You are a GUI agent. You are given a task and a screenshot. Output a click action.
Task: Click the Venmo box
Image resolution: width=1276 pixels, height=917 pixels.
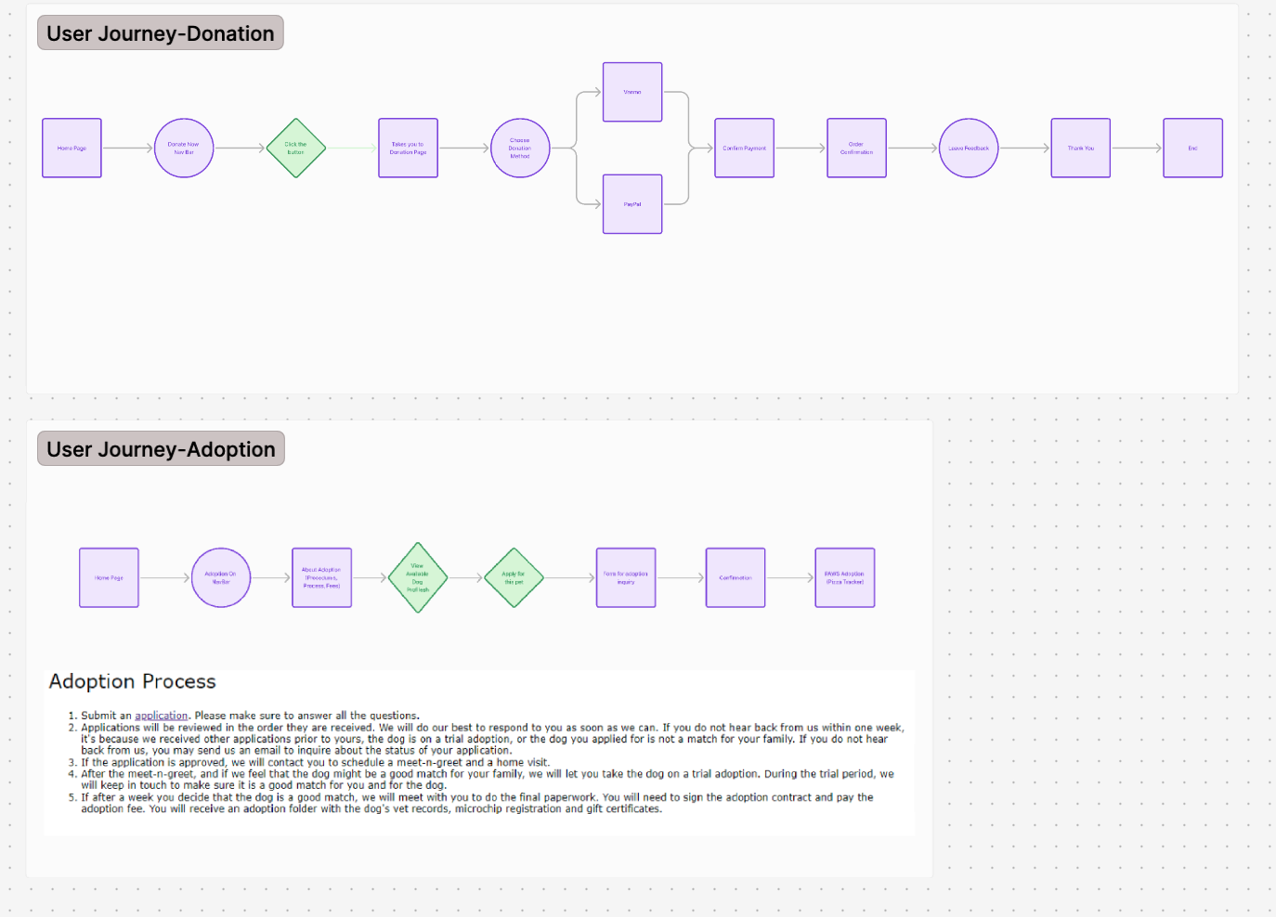(632, 92)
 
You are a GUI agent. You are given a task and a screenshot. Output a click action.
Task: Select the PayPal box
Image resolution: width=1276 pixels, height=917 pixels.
(632, 204)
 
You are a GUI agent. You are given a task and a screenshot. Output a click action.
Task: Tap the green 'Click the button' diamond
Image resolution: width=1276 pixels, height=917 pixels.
(295, 149)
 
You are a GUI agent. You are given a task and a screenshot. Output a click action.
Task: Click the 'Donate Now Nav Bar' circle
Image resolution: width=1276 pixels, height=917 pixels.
(184, 149)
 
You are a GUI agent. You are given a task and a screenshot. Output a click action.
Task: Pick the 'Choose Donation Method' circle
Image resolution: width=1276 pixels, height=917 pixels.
(520, 149)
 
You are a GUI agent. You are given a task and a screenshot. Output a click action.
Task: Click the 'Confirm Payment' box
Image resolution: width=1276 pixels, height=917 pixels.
(744, 149)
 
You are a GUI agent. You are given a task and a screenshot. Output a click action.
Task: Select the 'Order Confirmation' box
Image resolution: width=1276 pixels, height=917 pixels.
(856, 149)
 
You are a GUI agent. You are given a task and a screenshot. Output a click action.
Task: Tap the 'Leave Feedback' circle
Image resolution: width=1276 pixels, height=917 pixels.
(969, 149)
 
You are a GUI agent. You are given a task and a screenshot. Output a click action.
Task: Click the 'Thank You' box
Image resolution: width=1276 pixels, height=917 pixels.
(1080, 149)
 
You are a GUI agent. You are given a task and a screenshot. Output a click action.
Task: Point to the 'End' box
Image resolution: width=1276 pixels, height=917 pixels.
(1192, 149)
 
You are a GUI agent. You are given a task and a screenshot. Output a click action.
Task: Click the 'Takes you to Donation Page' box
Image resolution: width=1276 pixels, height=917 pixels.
(408, 149)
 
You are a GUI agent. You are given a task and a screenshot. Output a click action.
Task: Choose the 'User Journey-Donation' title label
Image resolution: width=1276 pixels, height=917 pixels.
(161, 33)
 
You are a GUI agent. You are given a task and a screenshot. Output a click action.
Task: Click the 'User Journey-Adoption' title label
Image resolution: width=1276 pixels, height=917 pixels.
(161, 449)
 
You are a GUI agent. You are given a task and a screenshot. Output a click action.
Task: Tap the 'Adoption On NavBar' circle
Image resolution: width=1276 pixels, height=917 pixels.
(221, 577)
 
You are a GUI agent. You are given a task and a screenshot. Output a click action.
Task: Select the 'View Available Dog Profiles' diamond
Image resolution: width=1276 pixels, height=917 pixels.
(418, 577)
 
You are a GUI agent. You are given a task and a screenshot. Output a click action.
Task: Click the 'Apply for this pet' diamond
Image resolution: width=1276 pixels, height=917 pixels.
(514, 577)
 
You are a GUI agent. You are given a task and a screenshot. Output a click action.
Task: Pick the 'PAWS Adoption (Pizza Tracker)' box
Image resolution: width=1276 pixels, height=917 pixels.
(844, 577)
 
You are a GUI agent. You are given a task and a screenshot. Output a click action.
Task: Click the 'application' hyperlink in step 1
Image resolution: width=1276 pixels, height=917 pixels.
(162, 716)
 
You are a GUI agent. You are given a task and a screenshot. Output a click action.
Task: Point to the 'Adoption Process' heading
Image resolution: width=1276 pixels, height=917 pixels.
(132, 681)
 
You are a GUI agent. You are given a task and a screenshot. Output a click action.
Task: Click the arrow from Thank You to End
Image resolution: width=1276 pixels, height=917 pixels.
(1137, 149)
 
